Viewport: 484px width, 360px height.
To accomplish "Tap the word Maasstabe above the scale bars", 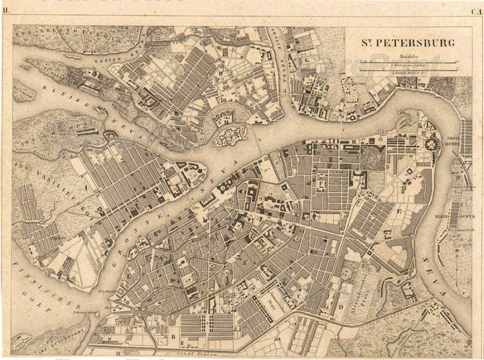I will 408,56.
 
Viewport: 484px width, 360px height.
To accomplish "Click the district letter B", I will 171,336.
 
